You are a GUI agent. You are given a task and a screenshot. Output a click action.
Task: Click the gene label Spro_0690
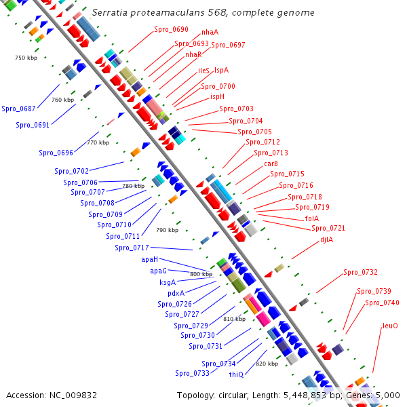point(171,30)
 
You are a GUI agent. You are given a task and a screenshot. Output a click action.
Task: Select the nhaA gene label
point(210,33)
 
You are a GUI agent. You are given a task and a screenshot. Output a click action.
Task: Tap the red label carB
point(271,163)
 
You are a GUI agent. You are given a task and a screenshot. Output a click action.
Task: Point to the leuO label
point(390,326)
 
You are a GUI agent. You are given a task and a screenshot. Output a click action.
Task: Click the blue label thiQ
point(236,374)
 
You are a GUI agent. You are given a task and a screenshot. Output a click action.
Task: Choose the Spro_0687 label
point(18,109)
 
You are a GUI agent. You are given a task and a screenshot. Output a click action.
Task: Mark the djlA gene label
point(327,239)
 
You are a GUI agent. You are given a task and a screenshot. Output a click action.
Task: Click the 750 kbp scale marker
point(24,58)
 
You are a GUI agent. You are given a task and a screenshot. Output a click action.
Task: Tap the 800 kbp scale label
point(201,274)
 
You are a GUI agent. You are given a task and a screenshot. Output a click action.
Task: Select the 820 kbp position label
point(267,364)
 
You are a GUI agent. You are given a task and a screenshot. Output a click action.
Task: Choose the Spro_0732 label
point(360,272)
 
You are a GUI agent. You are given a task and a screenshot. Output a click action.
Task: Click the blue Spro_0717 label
point(132,248)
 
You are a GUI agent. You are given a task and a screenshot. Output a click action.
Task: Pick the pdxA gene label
point(176,293)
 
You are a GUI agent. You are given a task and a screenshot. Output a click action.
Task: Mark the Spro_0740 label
point(382,303)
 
